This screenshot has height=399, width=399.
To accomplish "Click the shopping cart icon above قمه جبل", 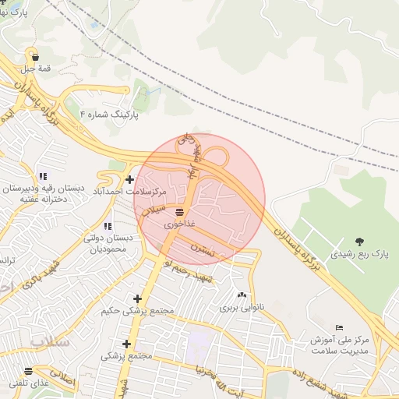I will [35, 56].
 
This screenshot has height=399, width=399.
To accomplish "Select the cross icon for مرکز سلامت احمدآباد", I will [129, 180].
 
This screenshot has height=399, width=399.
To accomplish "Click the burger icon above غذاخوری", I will [180, 212].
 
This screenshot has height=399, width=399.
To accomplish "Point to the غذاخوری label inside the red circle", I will [180, 224].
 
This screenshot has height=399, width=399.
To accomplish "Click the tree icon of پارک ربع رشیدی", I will [358, 242].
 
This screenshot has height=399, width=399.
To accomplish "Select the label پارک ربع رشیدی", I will [358, 254].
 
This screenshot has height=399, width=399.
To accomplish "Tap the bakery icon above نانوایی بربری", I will [242, 295].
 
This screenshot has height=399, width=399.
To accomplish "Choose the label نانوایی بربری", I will [242, 307].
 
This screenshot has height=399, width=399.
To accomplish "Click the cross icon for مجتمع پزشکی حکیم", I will [137, 298].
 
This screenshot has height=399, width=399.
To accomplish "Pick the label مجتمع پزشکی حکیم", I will [137, 311].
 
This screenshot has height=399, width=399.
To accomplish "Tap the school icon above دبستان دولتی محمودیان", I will [107, 226].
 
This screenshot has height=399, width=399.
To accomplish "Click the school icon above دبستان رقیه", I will [42, 177].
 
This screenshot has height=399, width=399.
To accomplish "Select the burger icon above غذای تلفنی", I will [29, 372].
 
